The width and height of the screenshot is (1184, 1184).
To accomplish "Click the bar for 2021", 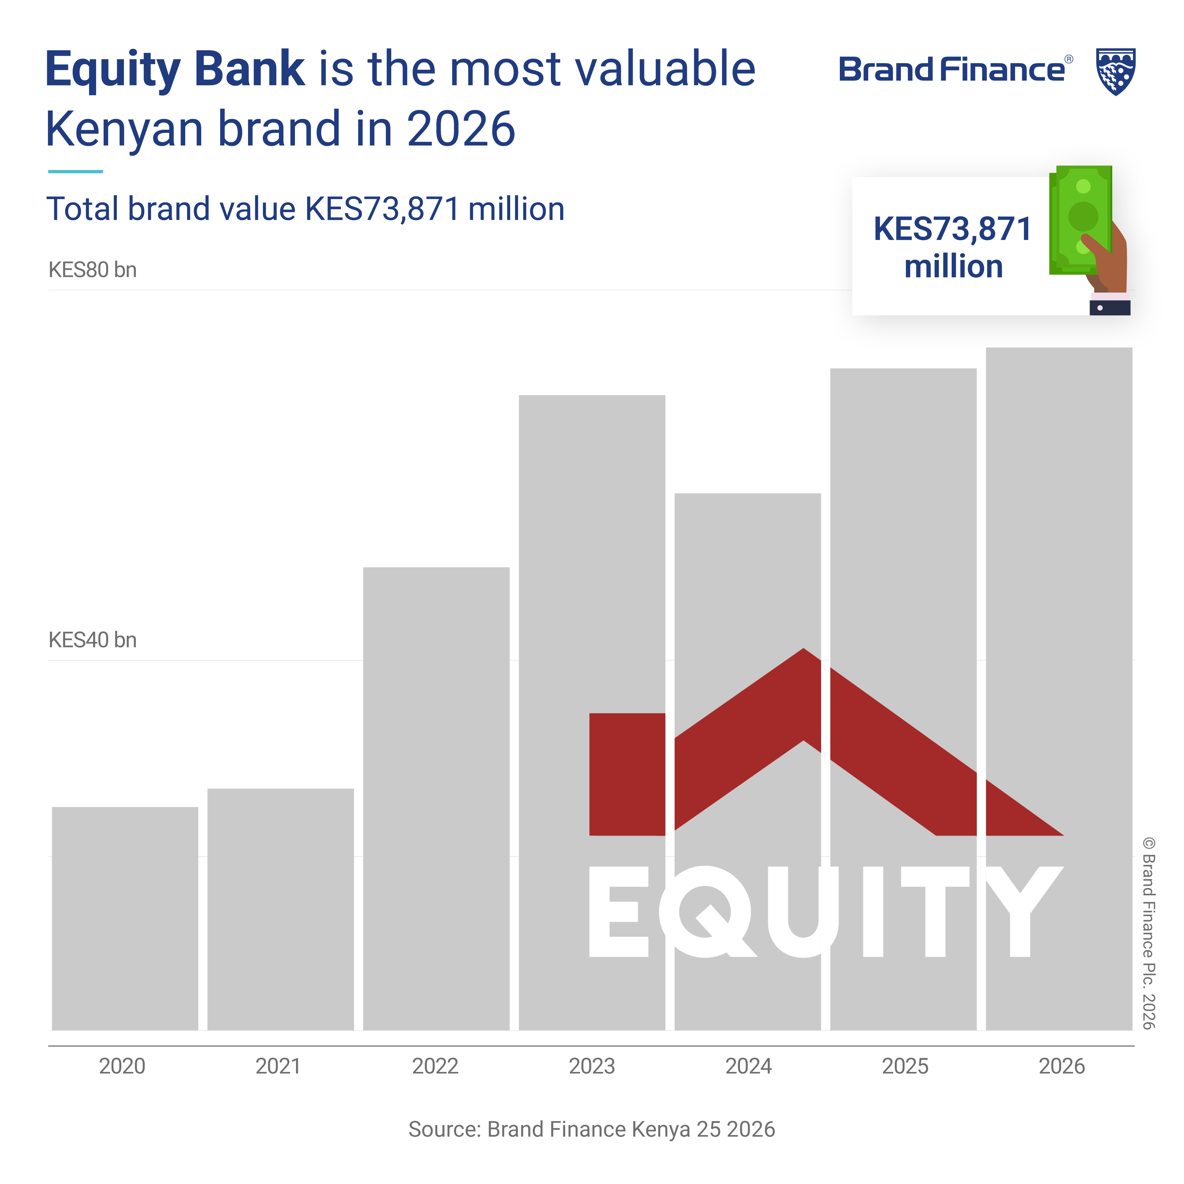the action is (x=281, y=910).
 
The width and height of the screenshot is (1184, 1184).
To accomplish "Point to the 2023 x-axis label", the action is (x=592, y=1066).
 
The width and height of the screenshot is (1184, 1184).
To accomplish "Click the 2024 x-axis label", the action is (x=748, y=1066).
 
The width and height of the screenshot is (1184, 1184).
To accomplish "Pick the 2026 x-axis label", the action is (x=1061, y=1066).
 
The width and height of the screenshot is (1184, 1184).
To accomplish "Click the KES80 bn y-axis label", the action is (x=93, y=270).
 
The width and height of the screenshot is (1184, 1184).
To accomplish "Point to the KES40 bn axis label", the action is (x=93, y=640).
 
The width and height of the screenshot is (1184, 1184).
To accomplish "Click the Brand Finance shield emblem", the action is (x=1115, y=72).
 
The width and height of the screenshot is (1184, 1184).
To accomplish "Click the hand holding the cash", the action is (x=1106, y=270).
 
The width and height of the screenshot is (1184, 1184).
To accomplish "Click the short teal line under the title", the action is (x=75, y=172).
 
